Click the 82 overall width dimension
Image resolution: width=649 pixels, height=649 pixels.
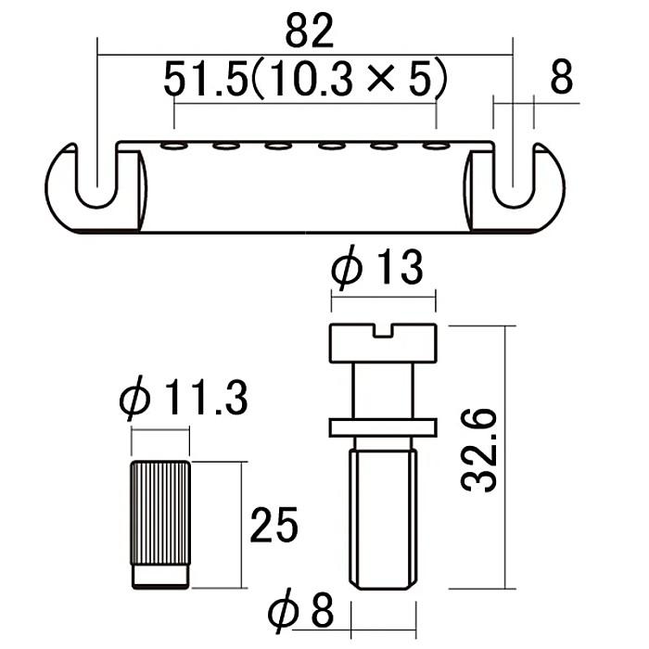pyautogui.click(x=309, y=31)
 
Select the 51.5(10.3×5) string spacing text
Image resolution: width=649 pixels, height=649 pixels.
pyautogui.click(x=305, y=78)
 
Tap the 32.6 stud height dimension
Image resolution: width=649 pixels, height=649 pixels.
pyautogui.click(x=479, y=450)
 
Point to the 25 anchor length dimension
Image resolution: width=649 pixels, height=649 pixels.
pyautogui.click(x=274, y=525)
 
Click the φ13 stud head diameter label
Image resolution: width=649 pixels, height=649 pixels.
pyautogui.click(x=377, y=267)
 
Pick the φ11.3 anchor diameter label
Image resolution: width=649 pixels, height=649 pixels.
pyautogui.click(x=184, y=398)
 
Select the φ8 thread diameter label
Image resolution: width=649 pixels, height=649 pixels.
pyautogui.click(x=300, y=610)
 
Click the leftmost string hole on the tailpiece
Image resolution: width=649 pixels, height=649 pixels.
pyautogui.click(x=174, y=146)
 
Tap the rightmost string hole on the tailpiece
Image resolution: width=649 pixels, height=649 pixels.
pyautogui.click(x=436, y=146)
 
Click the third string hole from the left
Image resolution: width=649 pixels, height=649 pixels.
pyautogui.click(x=279, y=146)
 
